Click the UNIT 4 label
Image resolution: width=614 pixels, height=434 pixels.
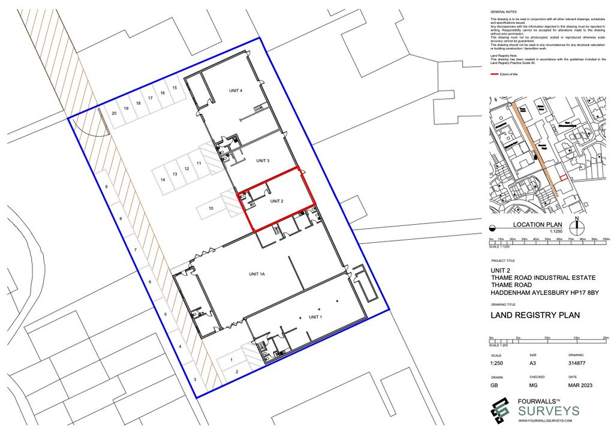tap(236, 91)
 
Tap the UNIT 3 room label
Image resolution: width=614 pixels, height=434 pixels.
tap(262, 161)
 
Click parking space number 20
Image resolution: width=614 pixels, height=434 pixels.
tap(113, 112)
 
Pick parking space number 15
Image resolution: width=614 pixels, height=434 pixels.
tap(174, 88)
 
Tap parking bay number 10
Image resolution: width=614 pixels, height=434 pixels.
tap(211, 208)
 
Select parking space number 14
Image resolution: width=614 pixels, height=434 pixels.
tap(162, 179)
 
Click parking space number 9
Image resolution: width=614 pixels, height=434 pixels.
tap(106, 187)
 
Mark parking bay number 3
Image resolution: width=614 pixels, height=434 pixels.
tap(194, 379)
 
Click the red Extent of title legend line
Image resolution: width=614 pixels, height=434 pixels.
tap(495, 74)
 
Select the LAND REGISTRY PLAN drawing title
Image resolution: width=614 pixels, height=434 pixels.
tap(535, 315)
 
